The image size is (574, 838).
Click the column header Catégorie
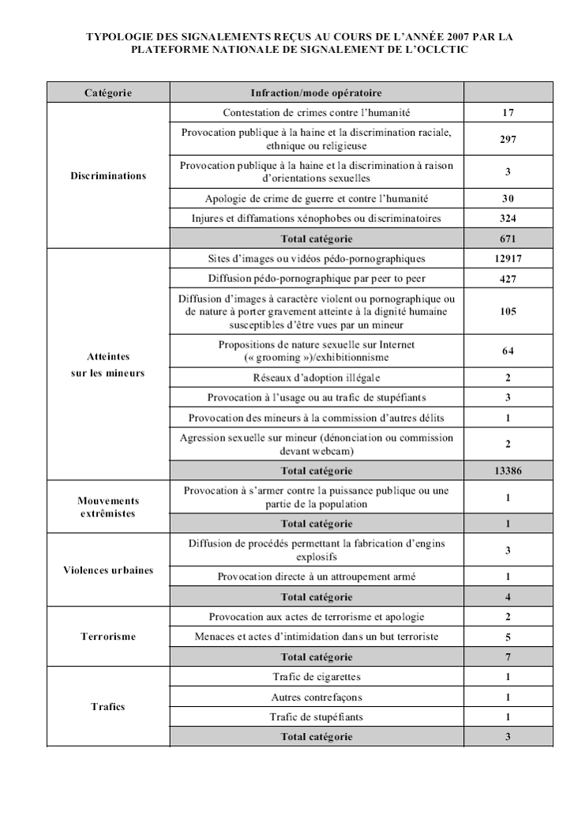[108, 93]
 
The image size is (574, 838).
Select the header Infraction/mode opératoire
[316, 93]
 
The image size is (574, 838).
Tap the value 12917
[508, 258]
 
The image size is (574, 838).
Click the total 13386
[508, 470]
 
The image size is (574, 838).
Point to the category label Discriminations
[108, 175]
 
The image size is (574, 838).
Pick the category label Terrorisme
[108, 636]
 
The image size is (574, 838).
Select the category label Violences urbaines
[108, 570]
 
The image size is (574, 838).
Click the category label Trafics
[108, 707]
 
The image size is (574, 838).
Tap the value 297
[508, 139]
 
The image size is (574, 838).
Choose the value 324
[508, 218]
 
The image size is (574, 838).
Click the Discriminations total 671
[508, 238]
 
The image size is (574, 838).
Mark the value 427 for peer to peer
[508, 278]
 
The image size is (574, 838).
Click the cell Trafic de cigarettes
[316, 677]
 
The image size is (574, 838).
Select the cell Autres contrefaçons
[316, 697]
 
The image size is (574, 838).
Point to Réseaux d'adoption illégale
[316, 377]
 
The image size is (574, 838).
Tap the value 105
[508, 311]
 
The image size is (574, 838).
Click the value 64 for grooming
[508, 351]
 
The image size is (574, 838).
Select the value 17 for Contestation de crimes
[508, 113]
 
